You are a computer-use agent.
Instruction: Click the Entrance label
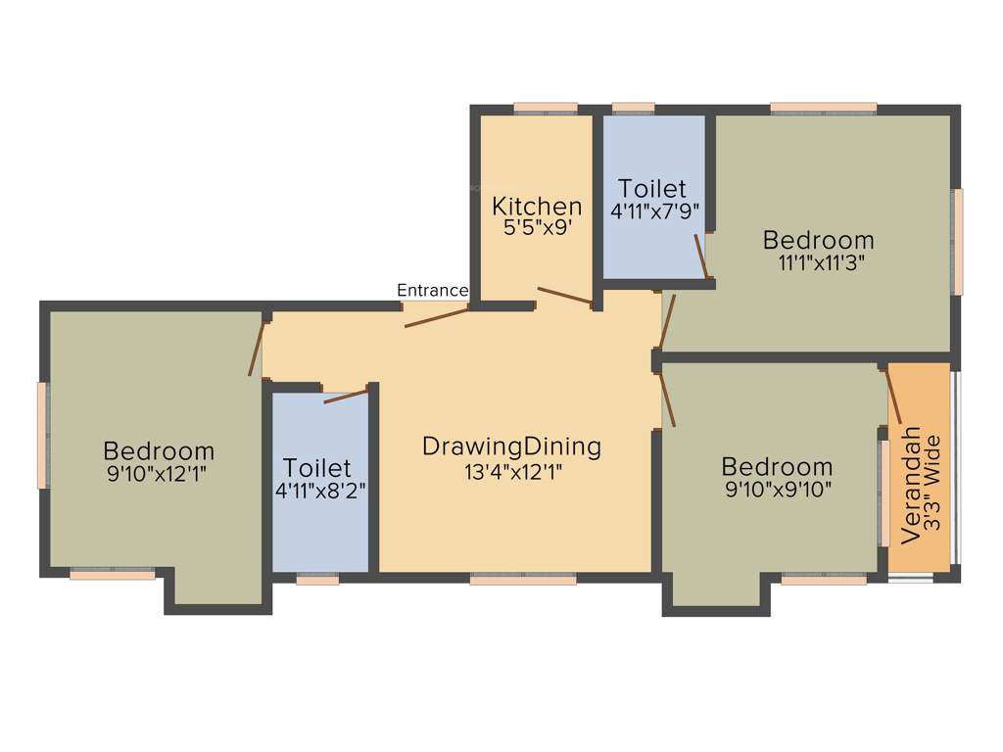coord(432,290)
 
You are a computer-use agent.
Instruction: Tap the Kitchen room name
coord(536,207)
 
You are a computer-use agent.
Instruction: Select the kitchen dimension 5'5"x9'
coord(536,226)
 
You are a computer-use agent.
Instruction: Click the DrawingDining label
coord(511,446)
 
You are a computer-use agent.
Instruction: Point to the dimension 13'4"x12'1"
coord(512,471)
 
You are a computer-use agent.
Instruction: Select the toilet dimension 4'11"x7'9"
coord(654,210)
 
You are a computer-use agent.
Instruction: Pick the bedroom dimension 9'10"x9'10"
coord(778,489)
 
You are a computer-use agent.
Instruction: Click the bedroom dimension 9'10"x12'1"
coord(159,473)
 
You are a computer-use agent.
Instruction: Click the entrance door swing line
coord(437,315)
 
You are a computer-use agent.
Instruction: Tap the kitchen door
coord(564,295)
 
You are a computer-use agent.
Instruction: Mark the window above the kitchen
coord(545,109)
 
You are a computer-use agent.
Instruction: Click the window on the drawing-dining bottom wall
coord(523,580)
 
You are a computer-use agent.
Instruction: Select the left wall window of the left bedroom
coord(42,435)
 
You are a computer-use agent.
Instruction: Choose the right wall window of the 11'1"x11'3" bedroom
coord(958,241)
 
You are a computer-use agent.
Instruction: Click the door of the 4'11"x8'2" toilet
coord(346,396)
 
